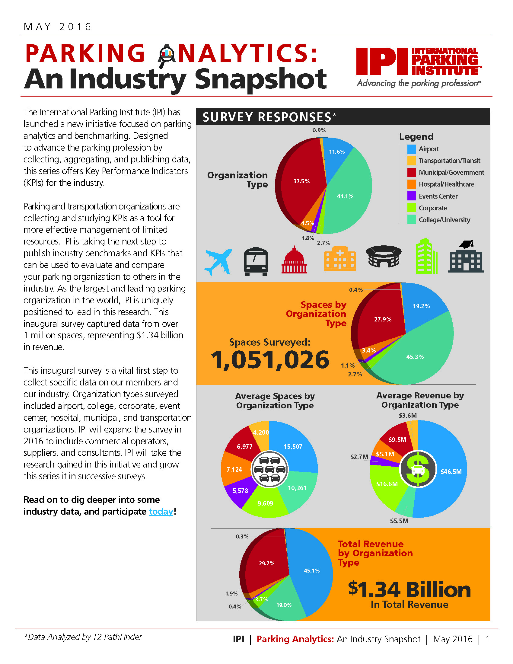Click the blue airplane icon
tap(218, 262)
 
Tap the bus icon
tap(256, 261)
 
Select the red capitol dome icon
tap(294, 260)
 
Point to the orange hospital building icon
tap(340, 258)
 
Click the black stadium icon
tap(384, 256)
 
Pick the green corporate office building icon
tap(426, 256)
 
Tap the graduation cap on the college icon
tap(467, 244)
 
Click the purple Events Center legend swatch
tap(412, 196)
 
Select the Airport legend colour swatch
tap(412, 149)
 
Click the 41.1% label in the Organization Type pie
tap(345, 196)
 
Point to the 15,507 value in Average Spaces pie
tap(293, 447)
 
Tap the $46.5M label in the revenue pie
tap(451, 471)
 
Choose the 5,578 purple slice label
tap(241, 491)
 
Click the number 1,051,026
tap(270, 360)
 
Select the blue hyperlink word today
tap(161, 511)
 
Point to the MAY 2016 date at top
tap(57, 27)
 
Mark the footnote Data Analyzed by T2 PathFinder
tap(83, 637)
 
